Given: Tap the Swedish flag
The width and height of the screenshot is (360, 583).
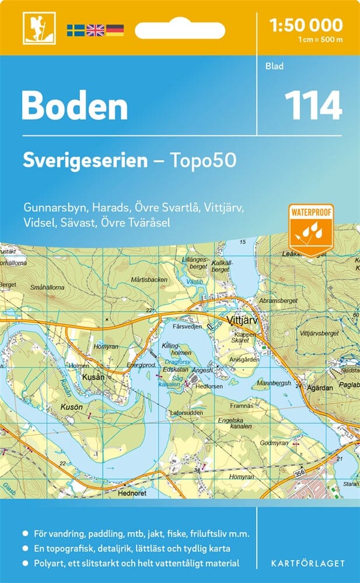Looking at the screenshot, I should [x=75, y=30].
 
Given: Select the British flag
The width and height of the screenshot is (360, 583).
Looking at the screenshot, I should [x=95, y=30].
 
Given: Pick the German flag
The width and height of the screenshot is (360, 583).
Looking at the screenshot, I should [x=114, y=30].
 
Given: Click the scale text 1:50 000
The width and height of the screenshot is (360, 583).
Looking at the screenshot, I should [x=306, y=25].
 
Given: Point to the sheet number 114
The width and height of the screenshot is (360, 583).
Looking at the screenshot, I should [x=313, y=107].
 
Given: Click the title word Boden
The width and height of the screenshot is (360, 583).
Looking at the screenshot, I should [x=75, y=107].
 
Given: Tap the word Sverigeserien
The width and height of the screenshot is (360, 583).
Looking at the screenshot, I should [x=85, y=161].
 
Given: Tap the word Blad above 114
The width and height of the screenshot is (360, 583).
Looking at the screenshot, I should [x=274, y=66].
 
